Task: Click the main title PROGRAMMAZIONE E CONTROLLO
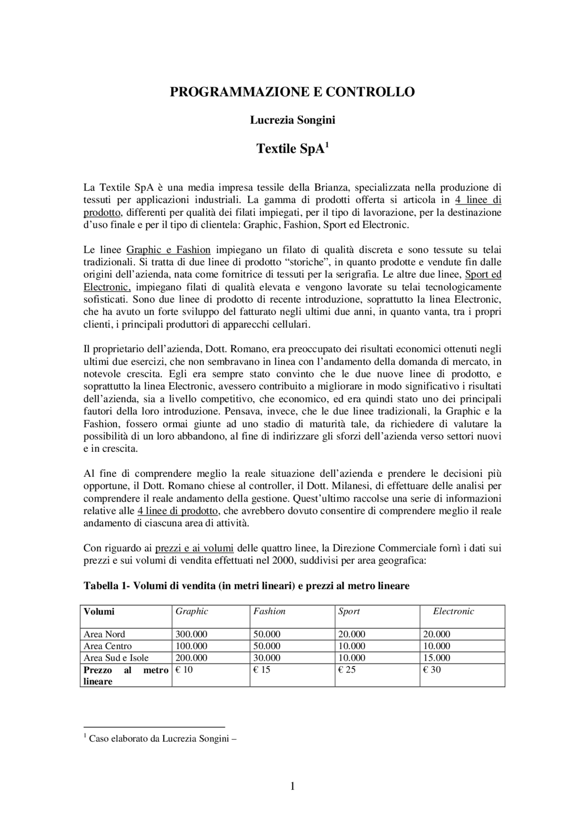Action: point(292,92)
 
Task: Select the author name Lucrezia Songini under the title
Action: point(292,120)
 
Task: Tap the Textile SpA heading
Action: point(292,149)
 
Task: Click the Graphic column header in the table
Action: point(192,611)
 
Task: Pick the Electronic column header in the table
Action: point(453,611)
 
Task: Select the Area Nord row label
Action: point(104,634)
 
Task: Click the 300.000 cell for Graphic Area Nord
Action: point(191,634)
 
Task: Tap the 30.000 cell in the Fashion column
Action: point(267,658)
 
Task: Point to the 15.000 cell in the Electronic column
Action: point(436,658)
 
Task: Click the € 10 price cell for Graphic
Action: point(185,670)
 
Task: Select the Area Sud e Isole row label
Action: point(116,658)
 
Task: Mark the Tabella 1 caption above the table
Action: point(246,586)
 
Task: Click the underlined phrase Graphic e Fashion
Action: point(168,250)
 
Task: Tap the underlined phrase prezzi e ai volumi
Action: point(194,548)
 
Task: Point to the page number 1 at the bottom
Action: point(292,786)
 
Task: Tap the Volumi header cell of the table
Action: point(99,611)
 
